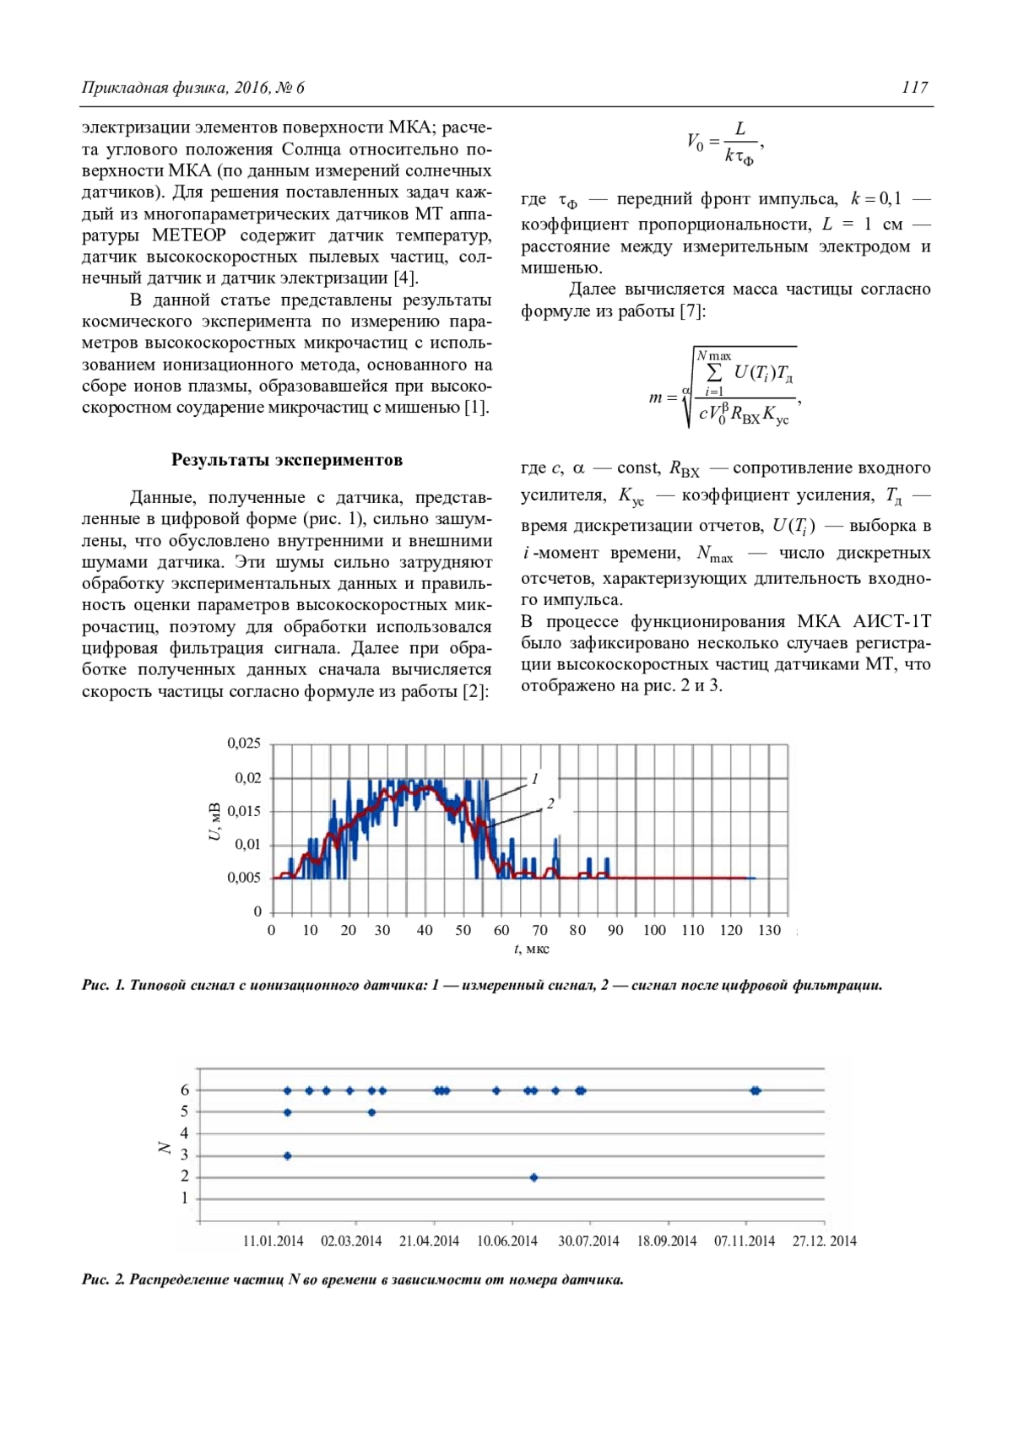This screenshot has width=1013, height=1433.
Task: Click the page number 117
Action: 914,87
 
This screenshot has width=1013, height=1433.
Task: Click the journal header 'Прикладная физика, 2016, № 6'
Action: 193,87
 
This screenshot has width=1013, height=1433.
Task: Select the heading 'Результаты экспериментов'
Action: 287,460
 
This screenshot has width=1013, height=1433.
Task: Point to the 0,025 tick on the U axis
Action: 244,744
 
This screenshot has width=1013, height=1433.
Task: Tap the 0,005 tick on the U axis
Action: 244,878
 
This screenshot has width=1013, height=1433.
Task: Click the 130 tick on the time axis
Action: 769,930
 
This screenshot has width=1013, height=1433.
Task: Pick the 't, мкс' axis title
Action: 531,949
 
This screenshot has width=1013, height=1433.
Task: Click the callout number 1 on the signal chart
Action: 534,779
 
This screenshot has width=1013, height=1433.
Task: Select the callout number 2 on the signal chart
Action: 550,803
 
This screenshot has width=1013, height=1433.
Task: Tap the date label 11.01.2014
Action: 273,1241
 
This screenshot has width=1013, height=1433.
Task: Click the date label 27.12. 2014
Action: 824,1241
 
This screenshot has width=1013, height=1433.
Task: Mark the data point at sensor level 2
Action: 534,1177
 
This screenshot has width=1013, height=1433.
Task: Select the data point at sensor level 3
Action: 287,1156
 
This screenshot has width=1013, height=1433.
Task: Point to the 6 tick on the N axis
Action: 185,1090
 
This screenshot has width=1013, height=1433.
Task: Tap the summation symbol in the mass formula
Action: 714,372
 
